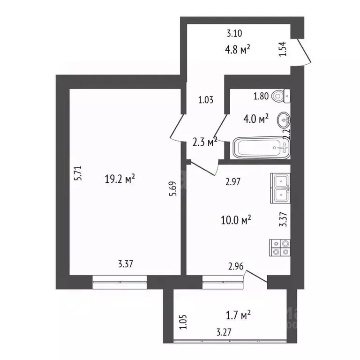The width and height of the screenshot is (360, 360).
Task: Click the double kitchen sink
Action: (x=280, y=187)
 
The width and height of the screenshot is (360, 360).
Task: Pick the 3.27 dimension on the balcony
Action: (x=224, y=332)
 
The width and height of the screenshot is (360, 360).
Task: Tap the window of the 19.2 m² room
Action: (x=120, y=280)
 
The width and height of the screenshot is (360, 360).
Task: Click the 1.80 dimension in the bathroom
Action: (x=261, y=97)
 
